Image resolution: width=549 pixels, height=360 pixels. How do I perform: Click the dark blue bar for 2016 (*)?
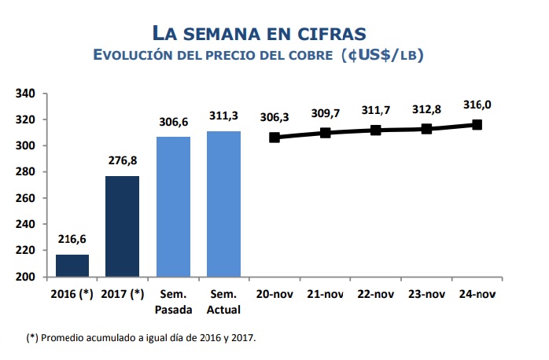click(72, 266)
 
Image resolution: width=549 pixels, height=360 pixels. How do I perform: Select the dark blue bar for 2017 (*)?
click(122, 226)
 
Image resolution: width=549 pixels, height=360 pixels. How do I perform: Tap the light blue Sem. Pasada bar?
click(173, 207)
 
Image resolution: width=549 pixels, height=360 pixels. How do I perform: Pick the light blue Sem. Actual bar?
click(223, 204)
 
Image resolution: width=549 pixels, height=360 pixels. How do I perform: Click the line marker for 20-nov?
click(274, 137)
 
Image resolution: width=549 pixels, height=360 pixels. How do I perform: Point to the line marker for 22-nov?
click(376, 130)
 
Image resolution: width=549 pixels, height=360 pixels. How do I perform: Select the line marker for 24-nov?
click(477, 124)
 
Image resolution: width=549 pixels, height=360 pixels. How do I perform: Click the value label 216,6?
click(72, 241)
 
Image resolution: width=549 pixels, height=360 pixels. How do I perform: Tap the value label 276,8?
click(122, 161)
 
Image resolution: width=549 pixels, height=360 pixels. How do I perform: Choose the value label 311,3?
click(223, 116)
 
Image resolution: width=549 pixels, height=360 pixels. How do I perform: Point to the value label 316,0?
click(477, 105)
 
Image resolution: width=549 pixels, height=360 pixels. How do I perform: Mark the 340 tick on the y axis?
click(27, 94)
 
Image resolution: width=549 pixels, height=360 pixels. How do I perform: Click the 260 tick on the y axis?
click(27, 198)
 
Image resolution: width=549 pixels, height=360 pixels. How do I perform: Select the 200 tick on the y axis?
click(27, 277)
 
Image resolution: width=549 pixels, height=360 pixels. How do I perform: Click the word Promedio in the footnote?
click(64, 338)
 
